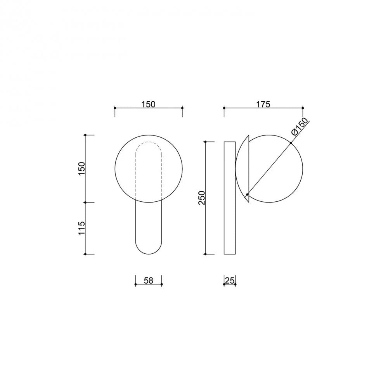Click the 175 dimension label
[x=263, y=104]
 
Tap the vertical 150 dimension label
[x=81, y=169]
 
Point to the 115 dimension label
[x=81, y=228]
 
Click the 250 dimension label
[x=202, y=198]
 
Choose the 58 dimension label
[x=149, y=281]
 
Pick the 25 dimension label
[x=230, y=281]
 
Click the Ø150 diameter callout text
[x=300, y=127]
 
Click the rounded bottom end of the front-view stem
[x=149, y=254]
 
